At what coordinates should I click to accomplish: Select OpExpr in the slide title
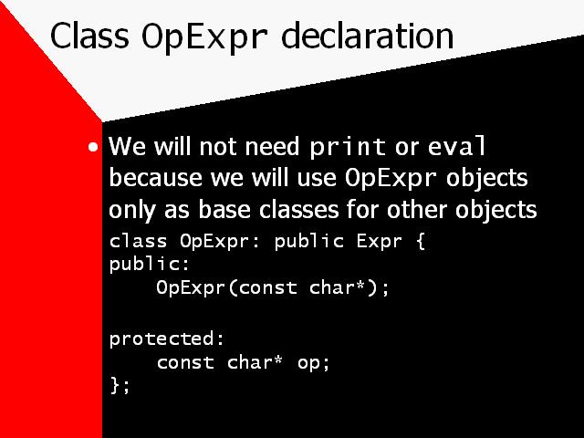[204, 38]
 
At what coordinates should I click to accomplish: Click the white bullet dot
[93, 147]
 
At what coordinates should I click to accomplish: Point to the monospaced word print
[348, 148]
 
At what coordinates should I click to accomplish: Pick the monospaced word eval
[457, 146]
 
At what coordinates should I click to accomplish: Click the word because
[156, 177]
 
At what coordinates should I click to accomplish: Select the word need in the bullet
[272, 146]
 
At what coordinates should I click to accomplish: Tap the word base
[224, 209]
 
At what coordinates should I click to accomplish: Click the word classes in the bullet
[298, 209]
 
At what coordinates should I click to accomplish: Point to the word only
[131, 211]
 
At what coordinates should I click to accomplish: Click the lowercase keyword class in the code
[138, 241]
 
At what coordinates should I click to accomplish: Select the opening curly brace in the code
[420, 241]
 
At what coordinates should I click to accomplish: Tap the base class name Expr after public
[380, 242]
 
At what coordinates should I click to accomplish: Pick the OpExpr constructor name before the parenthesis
[191, 288]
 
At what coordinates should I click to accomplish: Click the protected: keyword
[167, 339]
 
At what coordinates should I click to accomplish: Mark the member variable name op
[308, 364]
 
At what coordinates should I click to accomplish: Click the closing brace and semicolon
[120, 385]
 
